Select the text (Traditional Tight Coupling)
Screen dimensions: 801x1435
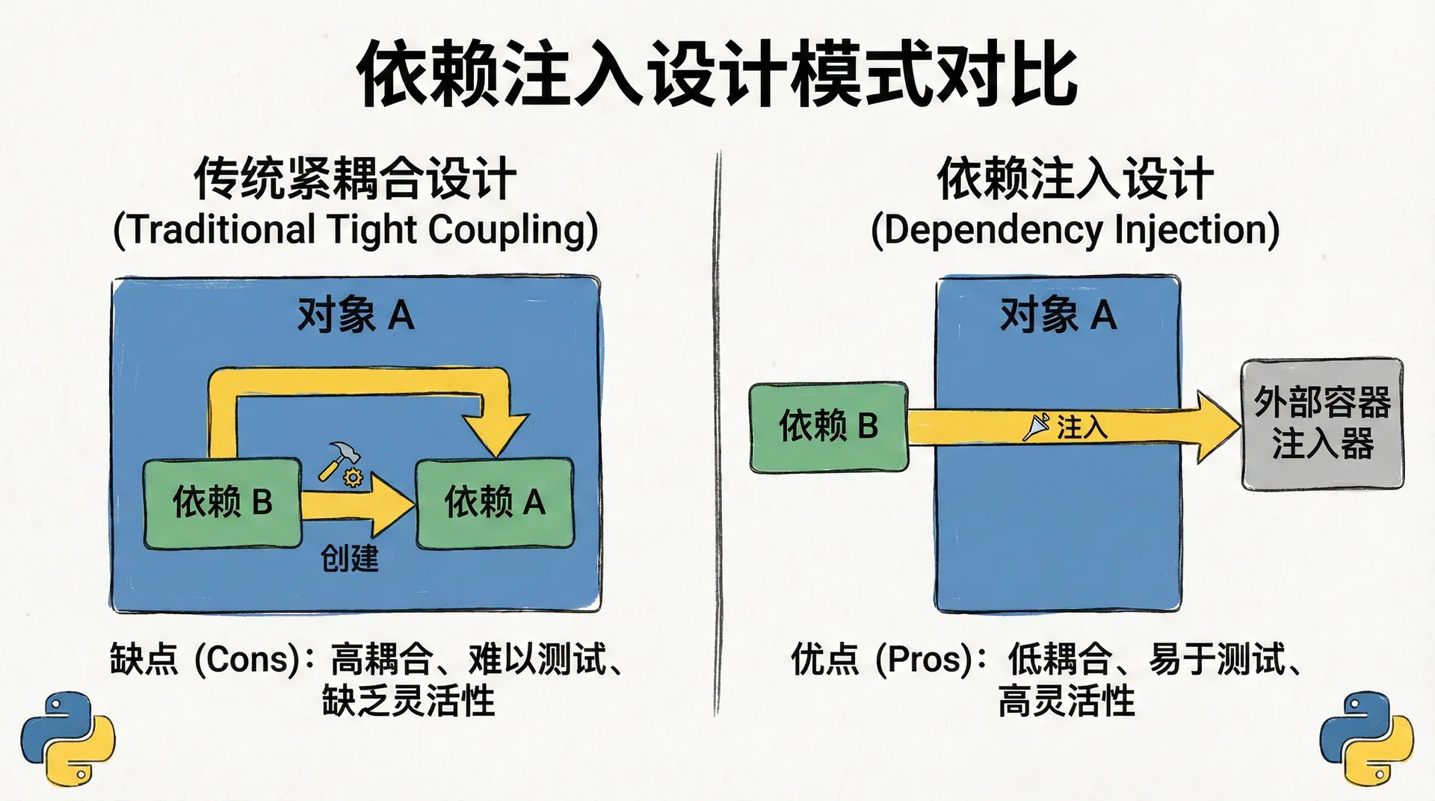pos(355,229)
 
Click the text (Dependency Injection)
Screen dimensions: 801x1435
pos(1075,229)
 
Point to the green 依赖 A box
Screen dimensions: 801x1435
pos(495,502)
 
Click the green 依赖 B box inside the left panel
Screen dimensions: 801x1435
pos(223,502)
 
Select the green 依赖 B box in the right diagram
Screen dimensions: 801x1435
pos(828,427)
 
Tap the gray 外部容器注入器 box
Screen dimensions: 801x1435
pos(1322,424)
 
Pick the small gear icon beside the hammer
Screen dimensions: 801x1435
pos(353,477)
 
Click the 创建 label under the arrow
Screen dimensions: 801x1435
pos(349,558)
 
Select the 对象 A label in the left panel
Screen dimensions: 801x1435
pos(355,315)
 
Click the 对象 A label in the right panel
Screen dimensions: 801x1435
pos(1058,315)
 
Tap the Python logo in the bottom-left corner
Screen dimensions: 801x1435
pos(67,738)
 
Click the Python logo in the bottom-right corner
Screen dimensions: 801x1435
pos(1366,738)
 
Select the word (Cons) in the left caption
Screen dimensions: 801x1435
pos(247,659)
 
